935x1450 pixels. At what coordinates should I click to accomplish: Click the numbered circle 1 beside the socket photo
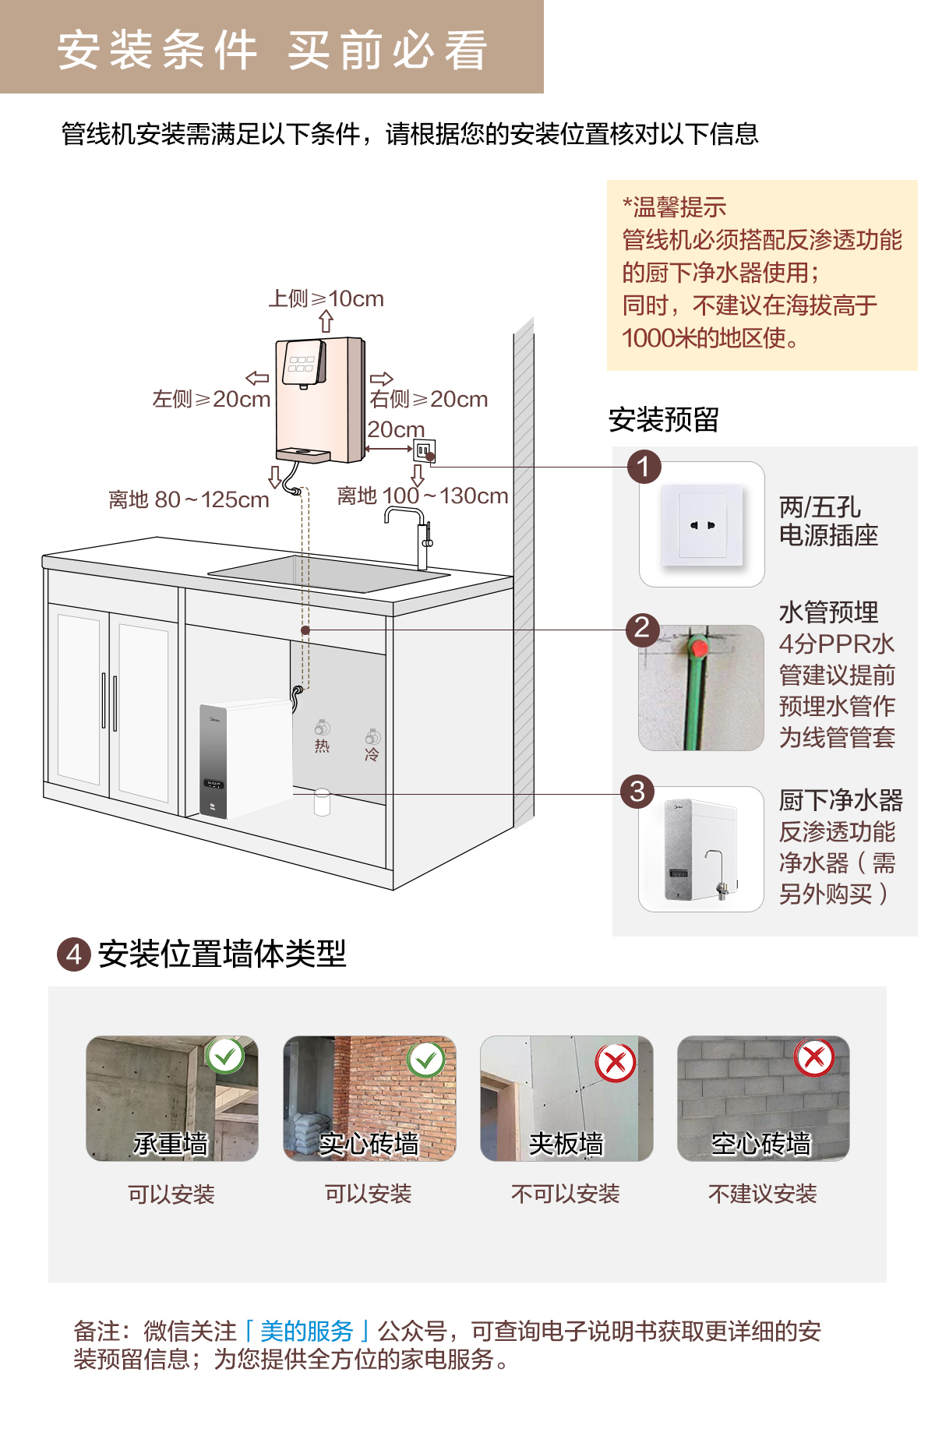[x=644, y=467]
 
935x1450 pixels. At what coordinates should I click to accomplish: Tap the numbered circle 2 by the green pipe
[x=643, y=628]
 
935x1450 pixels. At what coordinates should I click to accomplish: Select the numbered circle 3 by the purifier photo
[x=637, y=792]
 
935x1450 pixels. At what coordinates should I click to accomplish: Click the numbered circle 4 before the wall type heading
[x=74, y=954]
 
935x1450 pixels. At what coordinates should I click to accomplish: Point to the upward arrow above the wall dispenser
[x=326, y=321]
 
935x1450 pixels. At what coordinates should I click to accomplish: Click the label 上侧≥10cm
[x=326, y=298]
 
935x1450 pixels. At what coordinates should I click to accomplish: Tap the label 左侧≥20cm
[x=211, y=399]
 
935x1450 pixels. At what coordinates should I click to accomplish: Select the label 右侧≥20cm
[x=429, y=399]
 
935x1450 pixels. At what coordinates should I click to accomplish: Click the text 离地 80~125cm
[x=189, y=499]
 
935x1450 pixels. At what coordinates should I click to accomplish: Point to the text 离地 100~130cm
[x=422, y=496]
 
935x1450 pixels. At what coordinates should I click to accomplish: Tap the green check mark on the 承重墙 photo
[x=225, y=1056]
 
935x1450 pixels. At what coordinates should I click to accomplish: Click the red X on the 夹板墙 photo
[x=616, y=1061]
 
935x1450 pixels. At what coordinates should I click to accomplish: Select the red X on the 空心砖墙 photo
[x=814, y=1057]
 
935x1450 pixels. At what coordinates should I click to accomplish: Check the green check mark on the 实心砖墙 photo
[x=426, y=1060]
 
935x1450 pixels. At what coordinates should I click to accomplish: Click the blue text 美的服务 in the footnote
[x=307, y=1331]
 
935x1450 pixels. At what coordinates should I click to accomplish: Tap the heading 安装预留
[x=663, y=420]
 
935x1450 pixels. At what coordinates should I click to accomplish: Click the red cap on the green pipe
[x=698, y=647]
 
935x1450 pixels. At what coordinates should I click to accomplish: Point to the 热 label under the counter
[x=322, y=746]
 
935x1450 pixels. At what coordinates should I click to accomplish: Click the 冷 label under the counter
[x=372, y=753]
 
